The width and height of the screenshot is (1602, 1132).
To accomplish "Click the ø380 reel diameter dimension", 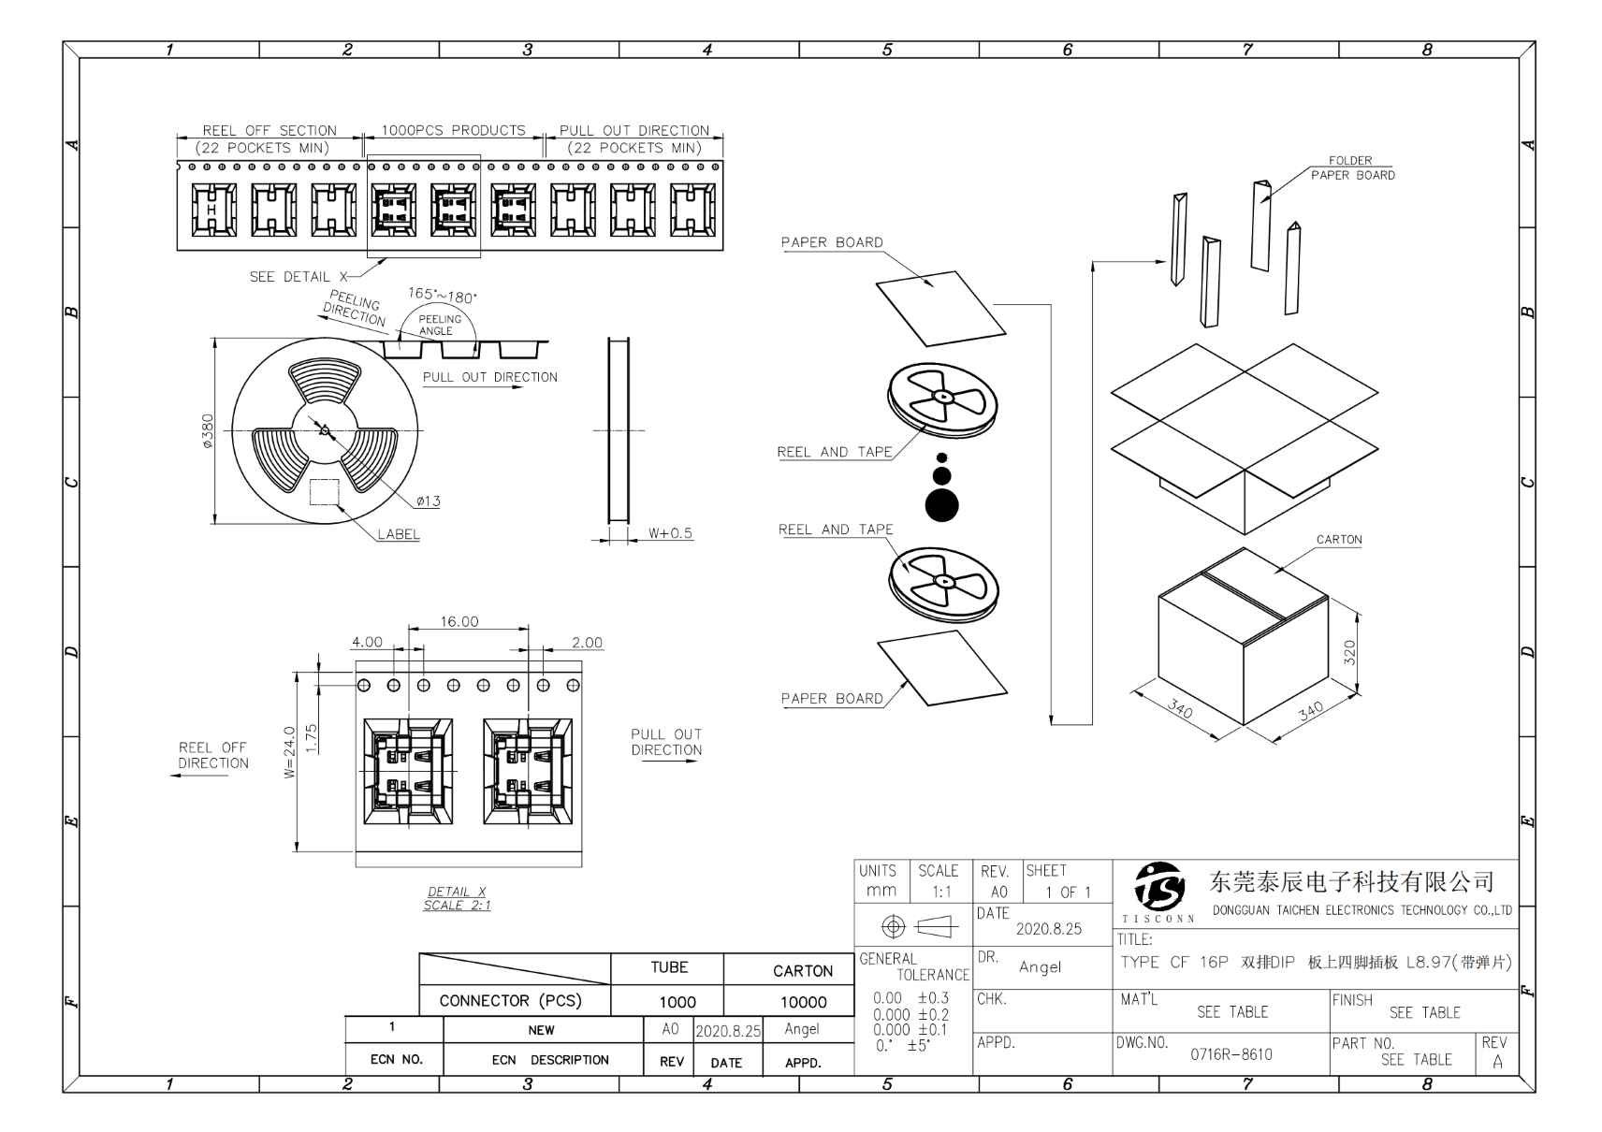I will [208, 431].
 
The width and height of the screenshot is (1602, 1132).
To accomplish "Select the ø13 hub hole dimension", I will [428, 501].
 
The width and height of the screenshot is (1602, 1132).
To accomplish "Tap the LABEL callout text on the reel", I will [399, 534].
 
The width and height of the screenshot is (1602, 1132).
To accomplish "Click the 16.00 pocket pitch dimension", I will [459, 621].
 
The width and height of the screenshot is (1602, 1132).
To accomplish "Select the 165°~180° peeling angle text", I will [442, 296].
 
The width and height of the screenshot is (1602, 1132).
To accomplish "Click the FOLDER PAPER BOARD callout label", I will [1352, 167].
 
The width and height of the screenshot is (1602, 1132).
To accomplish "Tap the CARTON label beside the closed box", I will [1339, 540].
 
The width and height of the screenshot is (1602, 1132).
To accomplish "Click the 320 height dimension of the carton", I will [1349, 651].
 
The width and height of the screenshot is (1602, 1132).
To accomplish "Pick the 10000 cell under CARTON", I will [803, 1002].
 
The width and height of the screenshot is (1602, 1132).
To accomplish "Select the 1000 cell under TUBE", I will [677, 1002].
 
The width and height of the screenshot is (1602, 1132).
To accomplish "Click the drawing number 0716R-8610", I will [1231, 1054].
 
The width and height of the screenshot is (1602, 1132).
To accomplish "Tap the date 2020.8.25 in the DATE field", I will [1048, 929].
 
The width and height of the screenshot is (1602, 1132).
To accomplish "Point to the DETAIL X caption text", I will [457, 892].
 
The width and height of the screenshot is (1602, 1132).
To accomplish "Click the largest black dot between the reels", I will [942, 505].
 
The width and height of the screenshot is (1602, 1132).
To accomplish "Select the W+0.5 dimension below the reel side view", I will [670, 533].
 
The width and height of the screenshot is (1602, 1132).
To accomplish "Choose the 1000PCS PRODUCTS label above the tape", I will [453, 131].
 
